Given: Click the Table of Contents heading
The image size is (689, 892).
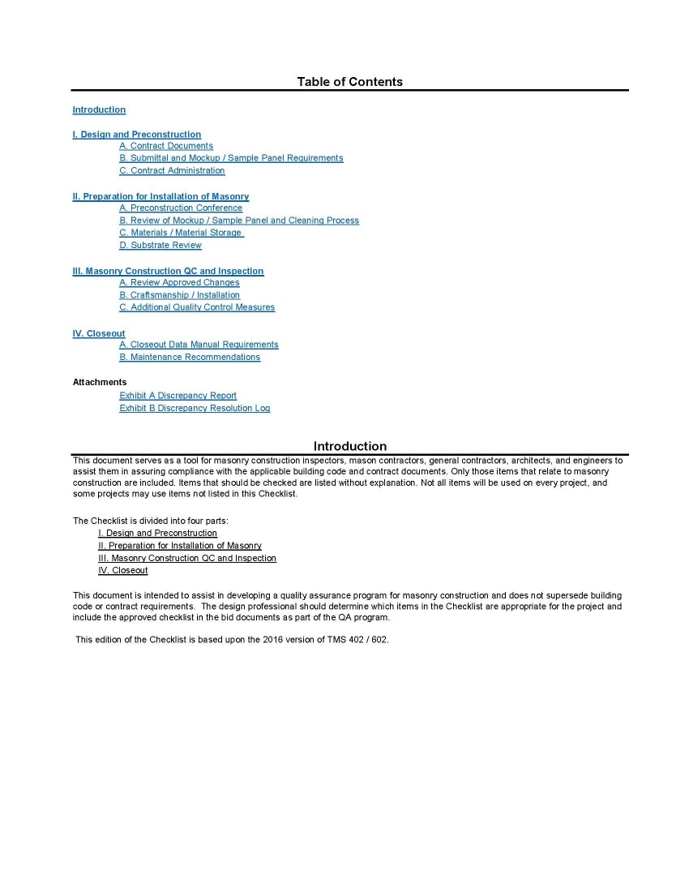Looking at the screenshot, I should tap(349, 81).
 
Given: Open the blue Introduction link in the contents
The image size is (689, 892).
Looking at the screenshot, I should tap(99, 109).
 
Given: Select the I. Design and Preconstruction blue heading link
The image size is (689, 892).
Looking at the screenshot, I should tap(136, 135).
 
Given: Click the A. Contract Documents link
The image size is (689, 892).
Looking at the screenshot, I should tap(166, 146).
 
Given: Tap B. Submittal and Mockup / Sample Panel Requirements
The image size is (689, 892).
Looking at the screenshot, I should tap(231, 158).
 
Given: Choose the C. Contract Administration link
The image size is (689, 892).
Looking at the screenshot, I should tap(172, 170).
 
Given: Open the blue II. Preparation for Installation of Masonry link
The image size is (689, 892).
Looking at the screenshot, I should tap(160, 196).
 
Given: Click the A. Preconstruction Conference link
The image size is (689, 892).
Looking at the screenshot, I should tap(181, 208).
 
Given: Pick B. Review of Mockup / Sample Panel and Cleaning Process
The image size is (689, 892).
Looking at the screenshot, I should tap(239, 221).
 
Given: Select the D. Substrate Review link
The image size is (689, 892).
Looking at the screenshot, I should tap(160, 245).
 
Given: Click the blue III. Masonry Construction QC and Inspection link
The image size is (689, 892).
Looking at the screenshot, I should tap(168, 271).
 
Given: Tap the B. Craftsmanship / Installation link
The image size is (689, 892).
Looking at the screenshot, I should tap(179, 295).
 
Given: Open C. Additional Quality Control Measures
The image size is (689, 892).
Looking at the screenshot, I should tap(197, 307).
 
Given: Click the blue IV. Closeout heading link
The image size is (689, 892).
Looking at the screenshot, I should tap(99, 333).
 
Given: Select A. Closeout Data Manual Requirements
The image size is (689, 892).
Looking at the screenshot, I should tap(199, 345).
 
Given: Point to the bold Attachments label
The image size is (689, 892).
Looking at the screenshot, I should tap(100, 382).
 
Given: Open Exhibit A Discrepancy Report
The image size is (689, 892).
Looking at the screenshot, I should tap(178, 396).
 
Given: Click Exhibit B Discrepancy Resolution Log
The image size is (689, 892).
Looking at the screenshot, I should tap(195, 408).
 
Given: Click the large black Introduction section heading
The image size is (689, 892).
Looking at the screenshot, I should tap(349, 446).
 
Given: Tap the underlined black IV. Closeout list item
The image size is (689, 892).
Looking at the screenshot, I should tap(122, 571).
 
